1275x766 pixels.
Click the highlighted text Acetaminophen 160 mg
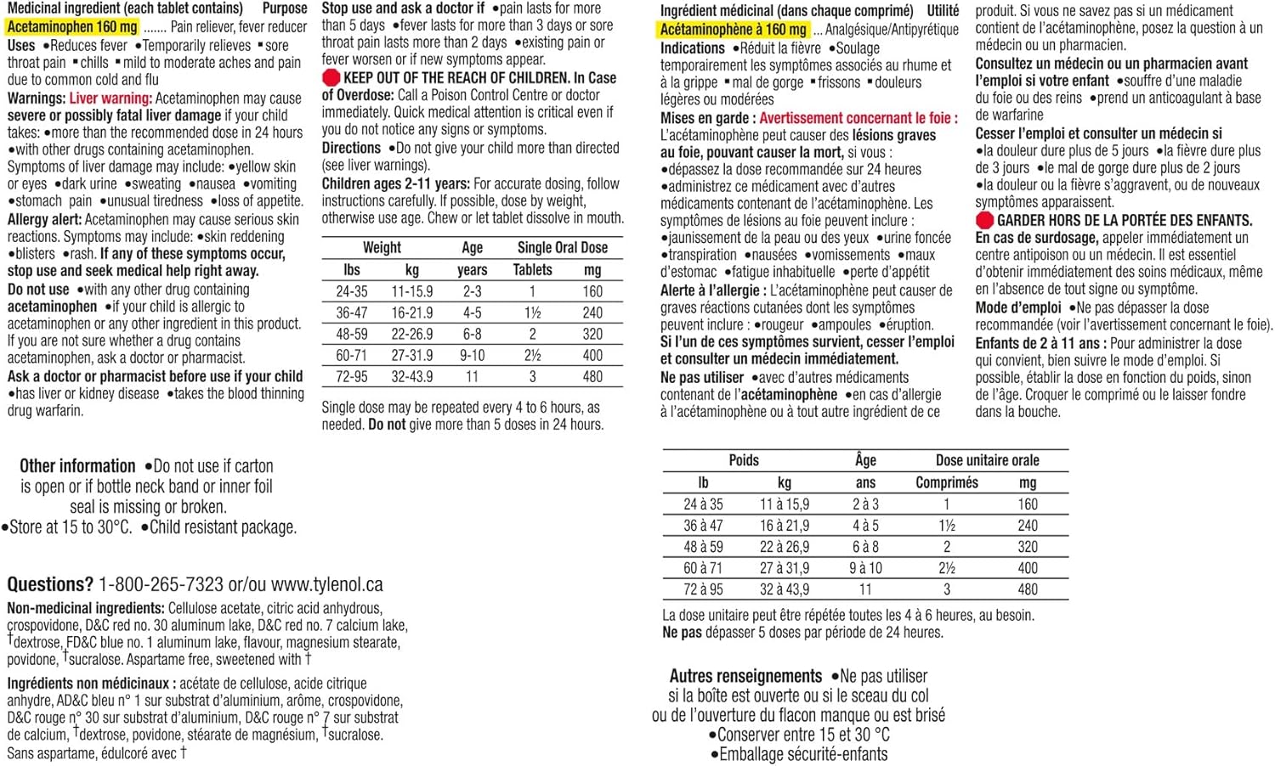point(72,27)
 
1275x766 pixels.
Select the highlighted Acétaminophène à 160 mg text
point(733,30)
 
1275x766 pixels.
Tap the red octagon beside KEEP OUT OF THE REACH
point(331,78)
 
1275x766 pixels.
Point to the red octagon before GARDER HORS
point(984,221)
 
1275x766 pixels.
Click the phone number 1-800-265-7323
point(161,584)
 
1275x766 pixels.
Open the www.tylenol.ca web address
point(327,584)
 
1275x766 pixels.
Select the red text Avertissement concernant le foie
point(858,118)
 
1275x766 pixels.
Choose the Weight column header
point(382,248)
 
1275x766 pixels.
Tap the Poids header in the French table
point(743,460)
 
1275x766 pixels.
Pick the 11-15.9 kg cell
point(411,291)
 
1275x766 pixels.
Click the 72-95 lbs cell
point(352,376)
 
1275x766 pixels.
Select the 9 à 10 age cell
point(865,568)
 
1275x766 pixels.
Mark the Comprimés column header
point(946,482)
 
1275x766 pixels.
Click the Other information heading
point(77,466)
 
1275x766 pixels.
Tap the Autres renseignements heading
point(745,676)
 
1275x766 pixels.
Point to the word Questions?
point(50,584)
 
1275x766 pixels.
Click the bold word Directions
point(351,148)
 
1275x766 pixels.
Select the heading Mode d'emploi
point(1018,307)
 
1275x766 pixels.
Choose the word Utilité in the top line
point(942,11)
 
